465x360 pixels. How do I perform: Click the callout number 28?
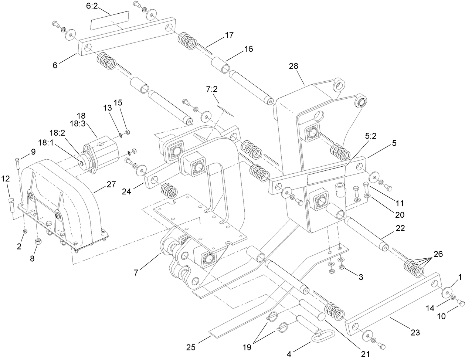(x=293, y=66)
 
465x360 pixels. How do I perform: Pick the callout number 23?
(x=415, y=332)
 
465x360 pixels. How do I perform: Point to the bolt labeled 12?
(x=11, y=204)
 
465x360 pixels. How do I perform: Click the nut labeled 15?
(x=128, y=132)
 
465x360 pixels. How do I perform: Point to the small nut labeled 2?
(x=25, y=231)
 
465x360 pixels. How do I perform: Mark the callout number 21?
(x=365, y=354)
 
